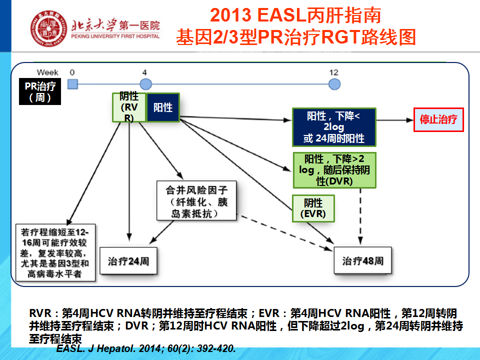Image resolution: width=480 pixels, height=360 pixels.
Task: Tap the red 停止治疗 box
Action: pos(438,120)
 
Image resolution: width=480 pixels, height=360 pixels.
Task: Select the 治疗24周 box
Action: pos(128,261)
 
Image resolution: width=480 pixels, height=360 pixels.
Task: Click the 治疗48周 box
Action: pos(362,261)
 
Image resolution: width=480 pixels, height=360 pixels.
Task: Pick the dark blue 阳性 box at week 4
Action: pos(162,107)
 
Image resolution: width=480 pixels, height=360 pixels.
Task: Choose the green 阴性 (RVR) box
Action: pos(129,107)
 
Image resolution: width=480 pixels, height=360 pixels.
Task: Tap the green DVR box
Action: pos(334,170)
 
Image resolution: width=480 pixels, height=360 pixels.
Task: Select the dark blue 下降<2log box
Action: pos(334,127)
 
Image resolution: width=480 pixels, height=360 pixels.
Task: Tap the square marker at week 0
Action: pos(72,84)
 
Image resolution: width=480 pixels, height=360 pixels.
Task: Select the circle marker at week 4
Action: pos(145,84)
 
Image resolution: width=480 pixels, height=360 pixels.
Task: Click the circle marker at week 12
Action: pos(334,84)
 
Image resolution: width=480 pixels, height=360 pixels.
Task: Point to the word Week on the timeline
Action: pos(47,72)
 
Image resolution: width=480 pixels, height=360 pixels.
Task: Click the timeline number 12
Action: pos(334,72)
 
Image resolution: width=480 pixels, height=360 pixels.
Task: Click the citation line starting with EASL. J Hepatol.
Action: pos(146,348)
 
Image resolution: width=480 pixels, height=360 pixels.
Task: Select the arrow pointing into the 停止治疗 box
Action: pos(395,120)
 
